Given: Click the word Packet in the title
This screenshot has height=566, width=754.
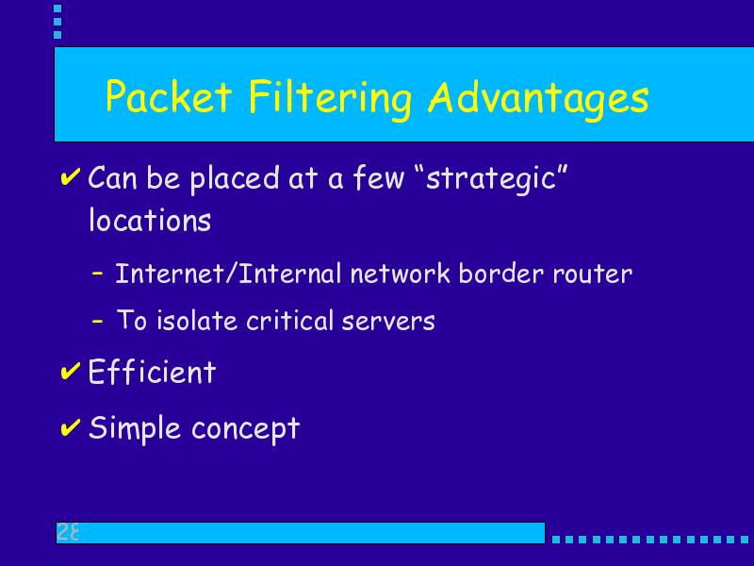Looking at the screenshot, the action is pos(169,96).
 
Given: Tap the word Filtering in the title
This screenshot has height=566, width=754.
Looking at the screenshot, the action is pos(331,99).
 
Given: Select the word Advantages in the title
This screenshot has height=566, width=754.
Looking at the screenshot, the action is pos(538,100).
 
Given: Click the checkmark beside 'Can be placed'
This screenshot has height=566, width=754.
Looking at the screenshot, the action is pos(70,176).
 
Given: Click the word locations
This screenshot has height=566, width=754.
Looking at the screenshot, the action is pos(150,220).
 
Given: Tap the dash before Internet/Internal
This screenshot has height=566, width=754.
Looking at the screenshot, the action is pos(97,274).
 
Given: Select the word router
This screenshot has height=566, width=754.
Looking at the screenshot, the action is pos(593,275).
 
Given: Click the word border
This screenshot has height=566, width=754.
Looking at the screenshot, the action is pos(501,274).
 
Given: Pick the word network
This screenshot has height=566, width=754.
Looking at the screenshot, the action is pos(400,274).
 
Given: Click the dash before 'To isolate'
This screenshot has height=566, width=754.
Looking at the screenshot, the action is pos(97,321).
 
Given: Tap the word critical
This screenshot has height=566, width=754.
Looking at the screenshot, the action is pos(289,321).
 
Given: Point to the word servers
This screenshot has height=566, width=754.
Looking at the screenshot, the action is pos(388,322).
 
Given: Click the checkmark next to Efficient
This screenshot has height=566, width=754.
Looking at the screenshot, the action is pos(70,371).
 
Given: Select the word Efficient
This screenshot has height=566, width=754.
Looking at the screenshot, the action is pos(152,372).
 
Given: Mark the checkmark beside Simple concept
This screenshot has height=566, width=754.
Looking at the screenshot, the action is pos(70,427).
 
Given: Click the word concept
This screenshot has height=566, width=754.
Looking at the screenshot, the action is pos(246,429).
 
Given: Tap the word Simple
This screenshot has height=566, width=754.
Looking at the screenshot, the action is pos(135,428).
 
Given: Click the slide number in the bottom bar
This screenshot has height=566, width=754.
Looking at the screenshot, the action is pos(67,532).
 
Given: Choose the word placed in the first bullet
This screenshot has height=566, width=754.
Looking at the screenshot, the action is pos(235,179).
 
